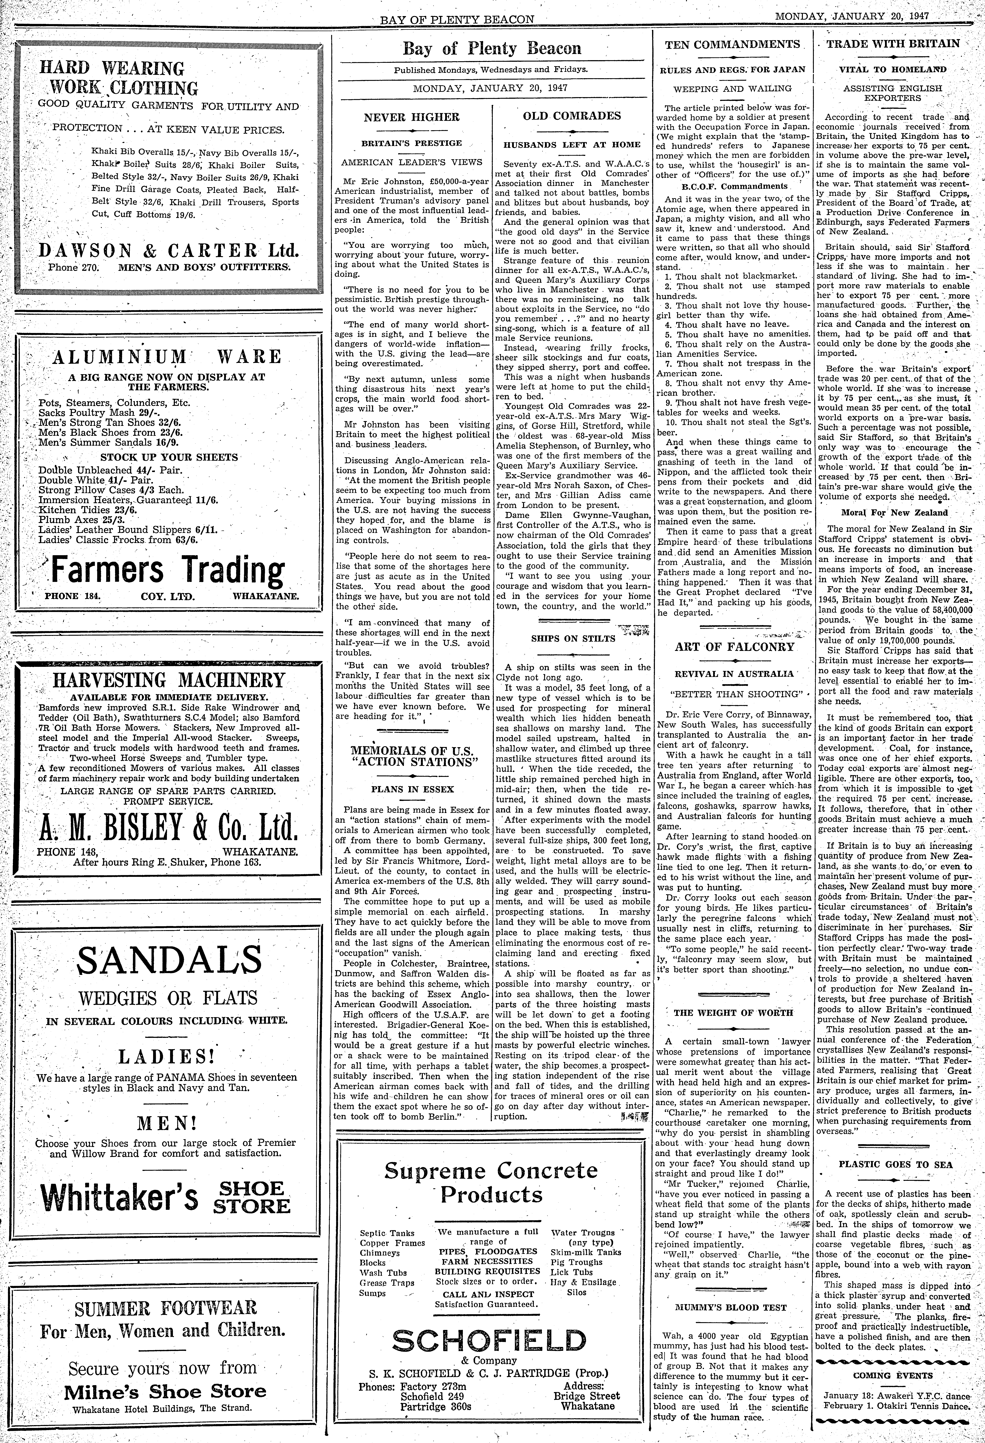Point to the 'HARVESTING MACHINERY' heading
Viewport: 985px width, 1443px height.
[169, 679]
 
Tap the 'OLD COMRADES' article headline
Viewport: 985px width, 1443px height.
[571, 116]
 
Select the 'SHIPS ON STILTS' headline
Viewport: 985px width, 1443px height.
[573, 638]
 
